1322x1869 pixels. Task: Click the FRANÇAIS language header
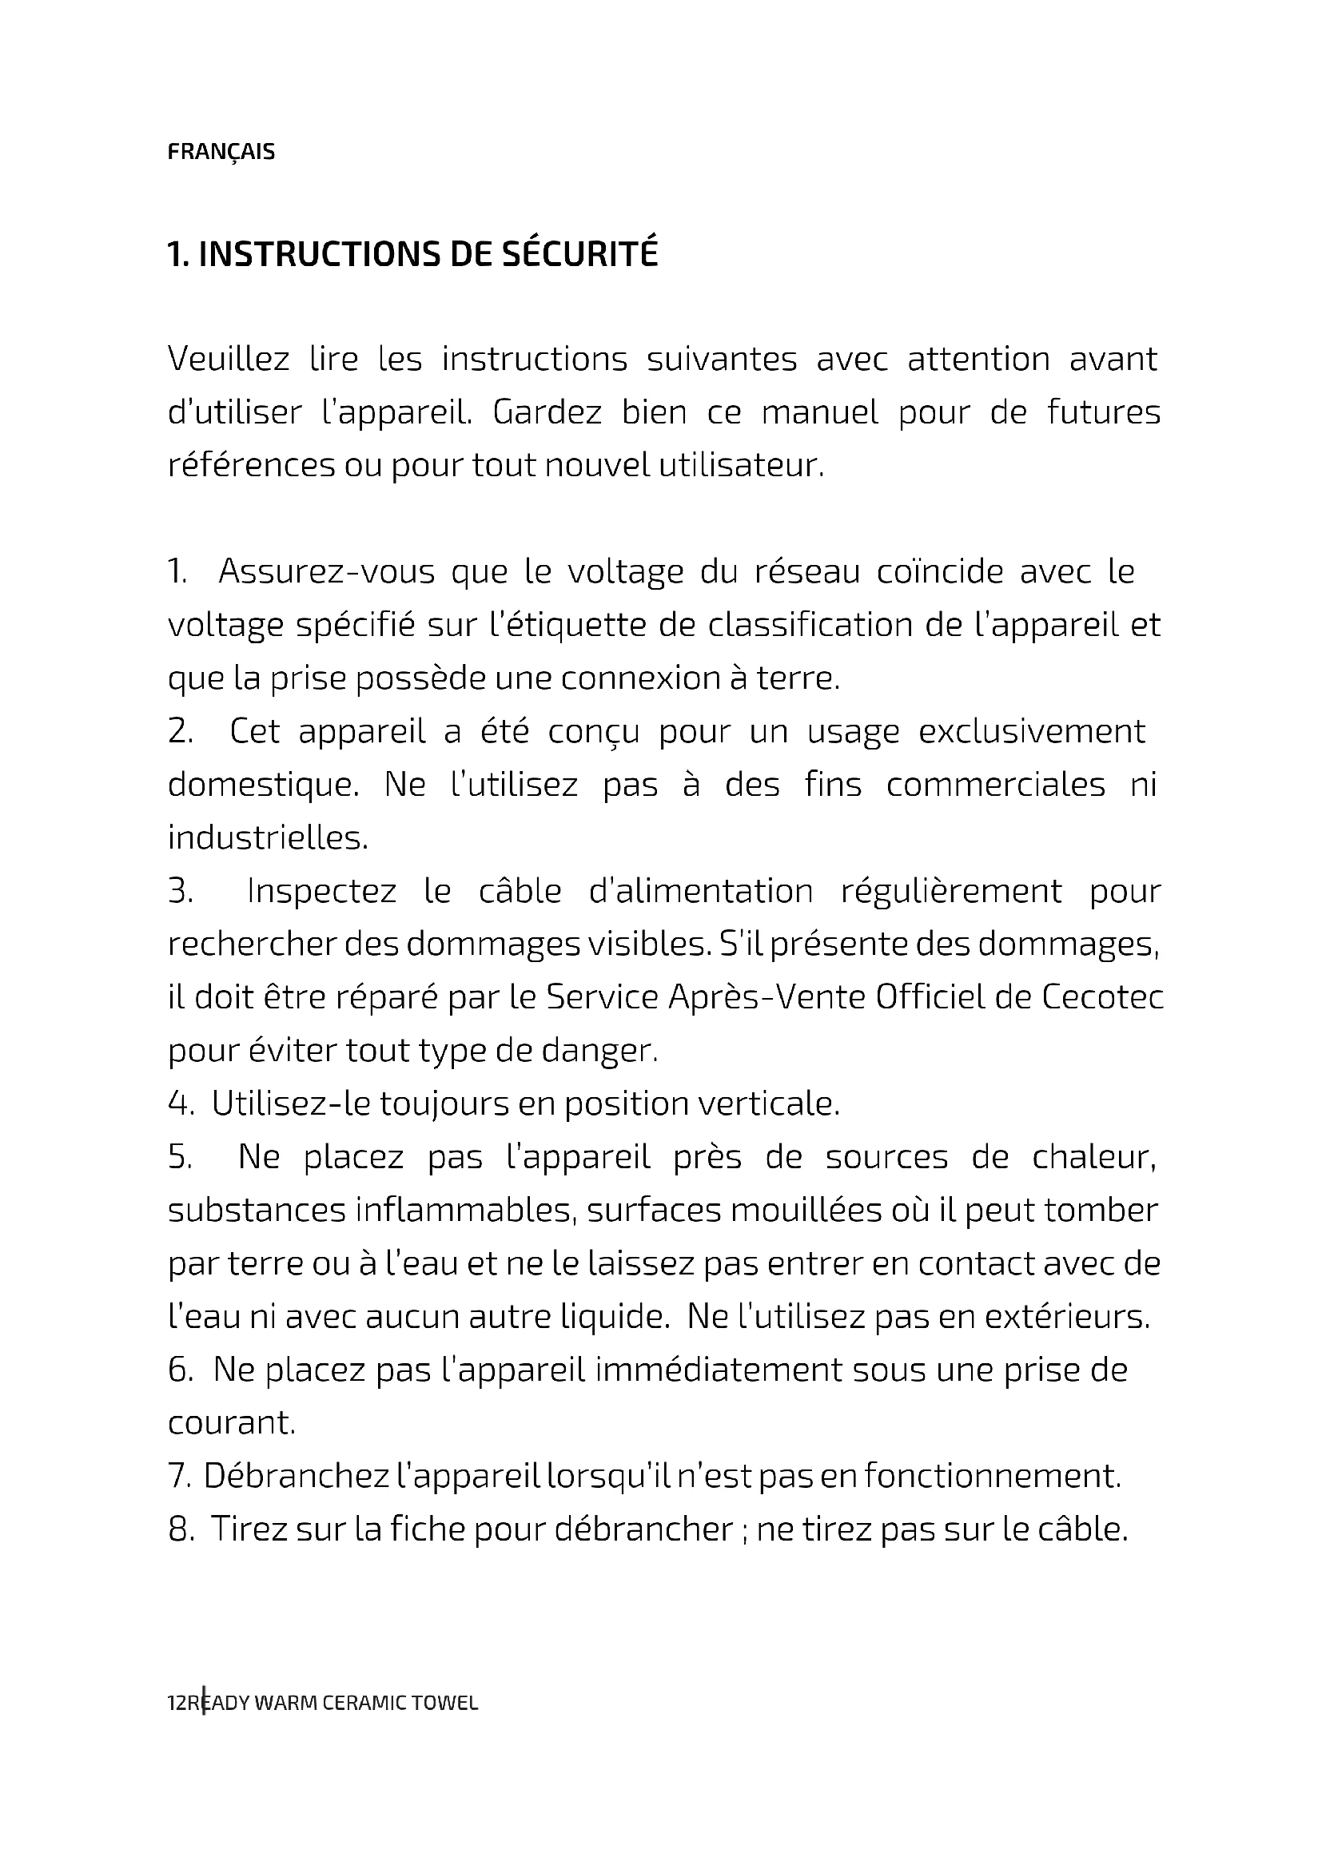(x=221, y=153)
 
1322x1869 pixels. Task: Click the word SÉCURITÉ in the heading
(x=578, y=254)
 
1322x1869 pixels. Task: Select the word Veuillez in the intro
(x=228, y=359)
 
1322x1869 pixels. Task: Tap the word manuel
(x=820, y=412)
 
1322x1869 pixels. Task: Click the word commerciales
(x=996, y=785)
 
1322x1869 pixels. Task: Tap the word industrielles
(x=268, y=837)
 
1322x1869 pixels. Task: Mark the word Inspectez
(x=321, y=892)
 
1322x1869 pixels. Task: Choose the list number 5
(x=180, y=1158)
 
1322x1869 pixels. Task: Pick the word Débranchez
(x=297, y=1476)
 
